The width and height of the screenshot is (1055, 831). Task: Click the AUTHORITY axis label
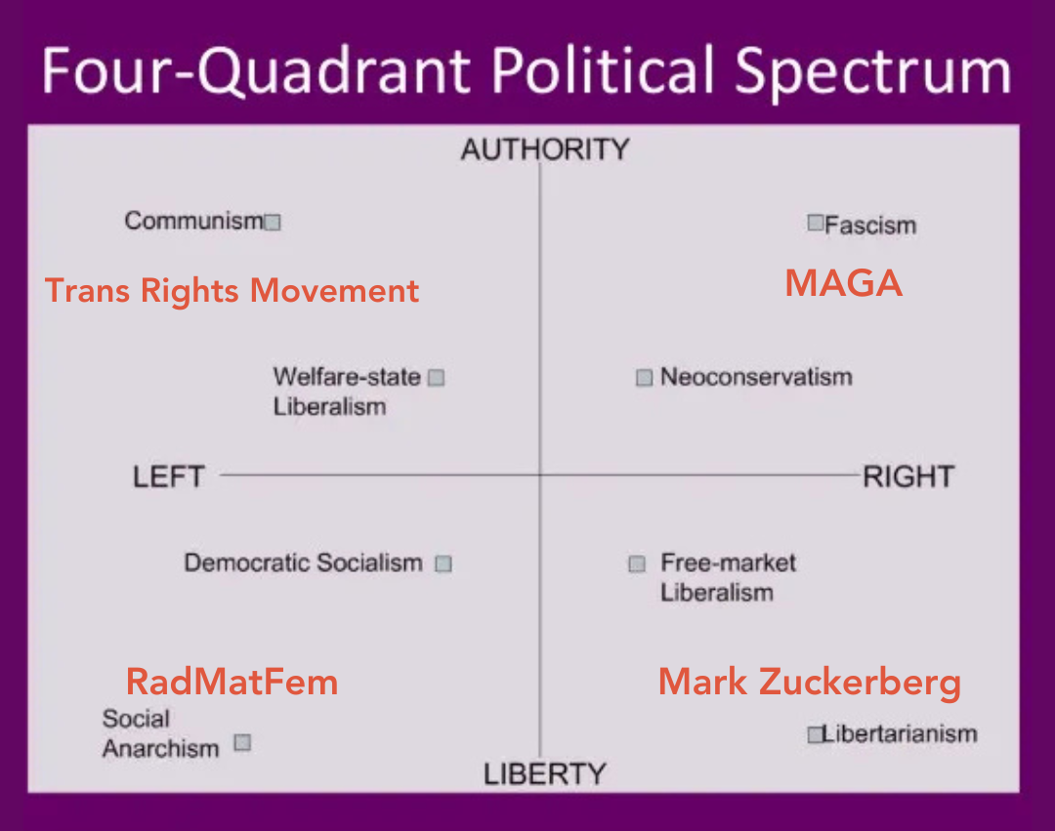click(x=545, y=149)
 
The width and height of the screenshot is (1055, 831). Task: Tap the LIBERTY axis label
click(x=545, y=774)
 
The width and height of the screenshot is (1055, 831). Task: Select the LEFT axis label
click(x=169, y=477)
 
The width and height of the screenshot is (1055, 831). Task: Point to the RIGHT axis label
click(x=907, y=477)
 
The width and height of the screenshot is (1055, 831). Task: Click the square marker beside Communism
click(x=274, y=223)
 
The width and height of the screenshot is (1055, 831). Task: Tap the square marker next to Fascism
click(x=816, y=223)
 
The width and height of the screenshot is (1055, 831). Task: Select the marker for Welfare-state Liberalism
click(x=437, y=378)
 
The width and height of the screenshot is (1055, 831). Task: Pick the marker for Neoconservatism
click(x=644, y=378)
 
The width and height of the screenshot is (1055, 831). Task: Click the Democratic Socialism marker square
click(x=443, y=563)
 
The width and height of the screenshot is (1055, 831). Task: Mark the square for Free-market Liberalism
click(x=637, y=563)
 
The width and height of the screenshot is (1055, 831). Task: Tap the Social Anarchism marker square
click(x=242, y=743)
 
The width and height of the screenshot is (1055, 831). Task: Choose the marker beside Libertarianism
click(x=816, y=734)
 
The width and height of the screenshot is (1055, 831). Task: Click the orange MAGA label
click(x=843, y=283)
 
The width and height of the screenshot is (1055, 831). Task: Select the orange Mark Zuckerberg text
click(x=809, y=682)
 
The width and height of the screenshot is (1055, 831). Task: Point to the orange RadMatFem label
click(x=232, y=681)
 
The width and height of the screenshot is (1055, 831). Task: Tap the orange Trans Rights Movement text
click(x=232, y=291)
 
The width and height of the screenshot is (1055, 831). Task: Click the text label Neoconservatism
click(x=756, y=377)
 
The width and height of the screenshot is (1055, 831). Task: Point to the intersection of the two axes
click(x=540, y=476)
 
